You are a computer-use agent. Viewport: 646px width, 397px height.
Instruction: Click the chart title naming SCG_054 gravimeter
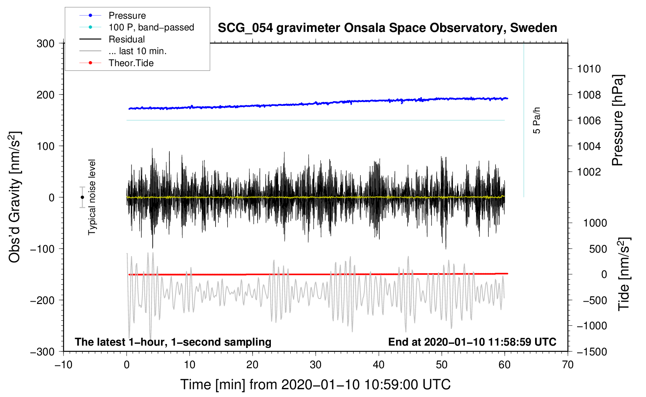387,28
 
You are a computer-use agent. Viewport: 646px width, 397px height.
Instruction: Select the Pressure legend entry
127,16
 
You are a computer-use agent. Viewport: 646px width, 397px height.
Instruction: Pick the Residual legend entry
126,39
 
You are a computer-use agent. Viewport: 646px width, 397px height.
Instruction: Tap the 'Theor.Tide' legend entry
131,63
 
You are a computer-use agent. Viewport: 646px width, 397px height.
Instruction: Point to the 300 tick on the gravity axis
46,44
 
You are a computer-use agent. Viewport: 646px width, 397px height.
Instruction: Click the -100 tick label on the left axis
42,249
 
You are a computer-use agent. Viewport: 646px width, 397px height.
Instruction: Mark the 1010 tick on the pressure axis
589,69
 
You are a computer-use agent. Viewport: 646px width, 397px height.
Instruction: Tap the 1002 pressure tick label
589,172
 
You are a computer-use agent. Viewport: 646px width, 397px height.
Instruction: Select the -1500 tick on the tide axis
592,352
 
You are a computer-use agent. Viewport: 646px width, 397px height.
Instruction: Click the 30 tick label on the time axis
316,365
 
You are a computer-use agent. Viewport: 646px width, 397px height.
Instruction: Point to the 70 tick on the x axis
567,365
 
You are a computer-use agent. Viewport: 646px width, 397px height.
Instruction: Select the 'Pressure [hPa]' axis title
618,120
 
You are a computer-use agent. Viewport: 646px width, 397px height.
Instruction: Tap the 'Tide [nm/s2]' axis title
624,274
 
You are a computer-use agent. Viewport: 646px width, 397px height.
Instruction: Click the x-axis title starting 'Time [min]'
316,385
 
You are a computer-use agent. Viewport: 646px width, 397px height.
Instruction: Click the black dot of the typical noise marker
82,197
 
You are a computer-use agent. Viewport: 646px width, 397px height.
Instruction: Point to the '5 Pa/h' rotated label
536,120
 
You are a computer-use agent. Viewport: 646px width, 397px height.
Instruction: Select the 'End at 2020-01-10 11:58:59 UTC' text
472,342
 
